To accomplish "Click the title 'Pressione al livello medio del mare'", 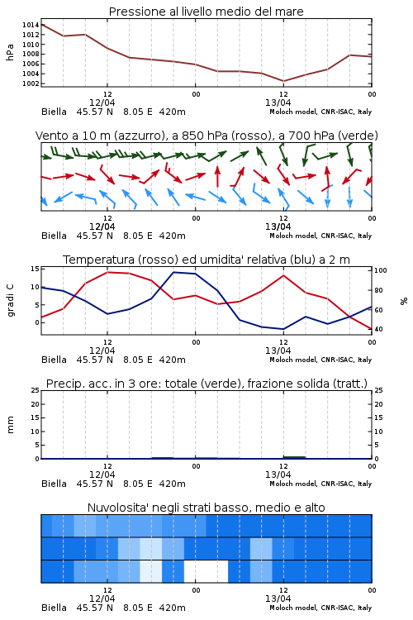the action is (206, 12).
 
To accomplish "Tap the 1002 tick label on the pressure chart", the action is (31, 83).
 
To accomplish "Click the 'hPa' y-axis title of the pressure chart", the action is (10, 52).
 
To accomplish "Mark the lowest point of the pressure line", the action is (283, 81).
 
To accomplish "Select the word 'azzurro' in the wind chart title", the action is (138, 136).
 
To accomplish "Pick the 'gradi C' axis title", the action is (11, 300).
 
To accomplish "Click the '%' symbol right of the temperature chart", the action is (404, 301).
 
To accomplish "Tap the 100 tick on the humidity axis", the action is (380, 270).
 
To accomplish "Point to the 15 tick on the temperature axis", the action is (35, 269).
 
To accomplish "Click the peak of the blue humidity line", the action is (173, 272).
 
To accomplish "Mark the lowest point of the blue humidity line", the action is (283, 329).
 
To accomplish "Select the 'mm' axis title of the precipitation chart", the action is (10, 425).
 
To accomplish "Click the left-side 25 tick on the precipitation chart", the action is (35, 390).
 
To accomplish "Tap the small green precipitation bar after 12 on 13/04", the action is (294, 457).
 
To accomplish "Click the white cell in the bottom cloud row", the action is (206, 571).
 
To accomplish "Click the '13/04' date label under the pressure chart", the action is (278, 103).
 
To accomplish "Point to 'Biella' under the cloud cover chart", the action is (55, 608).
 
